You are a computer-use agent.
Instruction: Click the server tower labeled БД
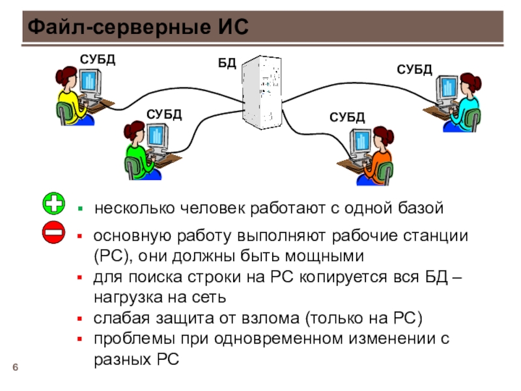(x=262, y=93)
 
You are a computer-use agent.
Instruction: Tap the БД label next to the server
(x=227, y=63)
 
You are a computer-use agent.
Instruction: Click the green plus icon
(x=53, y=203)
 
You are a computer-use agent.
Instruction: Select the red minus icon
(x=53, y=232)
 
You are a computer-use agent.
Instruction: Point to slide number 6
(x=15, y=367)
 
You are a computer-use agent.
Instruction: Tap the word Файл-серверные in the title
(x=119, y=27)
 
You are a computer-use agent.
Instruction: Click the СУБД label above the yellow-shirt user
(x=97, y=59)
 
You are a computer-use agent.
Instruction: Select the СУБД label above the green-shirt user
(x=164, y=115)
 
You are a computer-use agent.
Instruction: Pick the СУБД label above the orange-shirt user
(x=347, y=117)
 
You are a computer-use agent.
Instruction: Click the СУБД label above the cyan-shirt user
(x=414, y=70)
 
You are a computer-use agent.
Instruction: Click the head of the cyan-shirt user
(x=470, y=83)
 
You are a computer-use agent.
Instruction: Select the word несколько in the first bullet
(x=135, y=209)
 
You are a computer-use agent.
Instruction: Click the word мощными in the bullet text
(x=324, y=256)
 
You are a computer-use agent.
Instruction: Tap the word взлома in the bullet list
(x=270, y=318)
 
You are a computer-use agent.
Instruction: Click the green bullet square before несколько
(x=80, y=209)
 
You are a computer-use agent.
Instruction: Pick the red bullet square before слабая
(x=79, y=319)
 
